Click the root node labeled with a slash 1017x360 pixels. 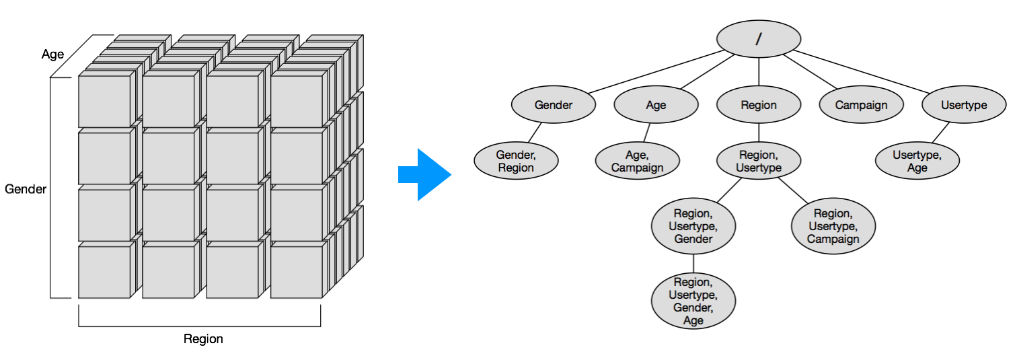pyautogui.click(x=759, y=38)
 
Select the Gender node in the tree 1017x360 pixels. pyautogui.click(x=554, y=105)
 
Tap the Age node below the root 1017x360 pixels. pyautogui.click(x=656, y=105)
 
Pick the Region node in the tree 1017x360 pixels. pyautogui.click(x=759, y=105)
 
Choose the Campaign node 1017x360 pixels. pyautogui.click(x=861, y=105)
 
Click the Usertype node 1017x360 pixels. pyautogui.click(x=964, y=105)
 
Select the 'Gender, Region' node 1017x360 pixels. pyautogui.click(x=516, y=161)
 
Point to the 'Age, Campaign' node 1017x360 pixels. pyautogui.click(x=637, y=161)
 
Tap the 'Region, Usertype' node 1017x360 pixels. pyautogui.click(x=759, y=161)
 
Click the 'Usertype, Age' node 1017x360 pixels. pyautogui.click(x=917, y=161)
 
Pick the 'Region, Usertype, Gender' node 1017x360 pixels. pyautogui.click(x=693, y=226)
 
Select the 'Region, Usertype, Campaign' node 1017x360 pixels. pyautogui.click(x=833, y=226)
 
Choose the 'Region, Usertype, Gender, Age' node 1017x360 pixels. pyautogui.click(x=693, y=301)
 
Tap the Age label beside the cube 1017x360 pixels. pyautogui.click(x=52, y=55)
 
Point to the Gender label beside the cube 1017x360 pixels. pyautogui.click(x=26, y=189)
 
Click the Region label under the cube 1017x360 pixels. pyautogui.click(x=203, y=338)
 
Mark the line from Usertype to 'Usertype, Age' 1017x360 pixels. pyautogui.click(x=940, y=133)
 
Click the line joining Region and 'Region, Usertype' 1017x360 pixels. pyautogui.click(x=759, y=133)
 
